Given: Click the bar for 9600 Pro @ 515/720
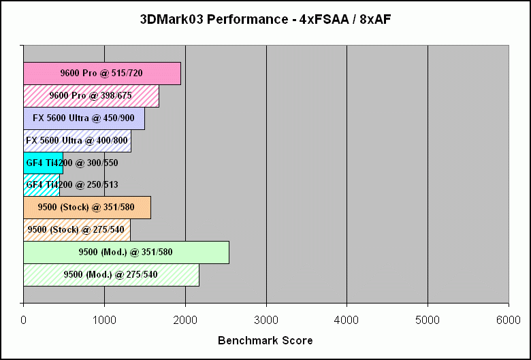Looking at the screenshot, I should [x=102, y=73].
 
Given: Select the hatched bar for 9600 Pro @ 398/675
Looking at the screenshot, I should [x=91, y=96].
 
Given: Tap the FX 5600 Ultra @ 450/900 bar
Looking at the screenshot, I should [x=84, y=118].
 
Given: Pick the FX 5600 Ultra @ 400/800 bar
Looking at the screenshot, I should [x=77, y=141].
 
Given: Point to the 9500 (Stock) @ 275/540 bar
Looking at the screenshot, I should [x=77, y=230].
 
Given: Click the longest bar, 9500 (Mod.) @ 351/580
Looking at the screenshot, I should [x=126, y=252].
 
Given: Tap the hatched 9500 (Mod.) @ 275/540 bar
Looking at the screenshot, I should [x=111, y=275].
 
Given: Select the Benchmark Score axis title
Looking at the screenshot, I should [x=265, y=340].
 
